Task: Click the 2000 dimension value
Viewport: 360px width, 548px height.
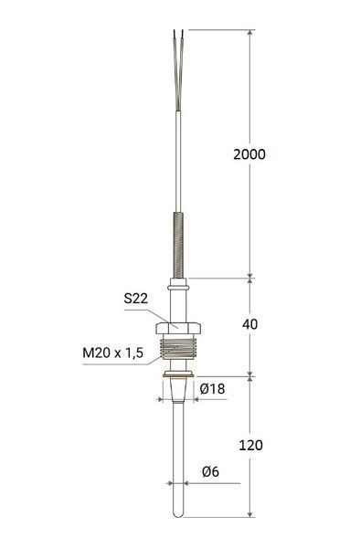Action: coord(249,154)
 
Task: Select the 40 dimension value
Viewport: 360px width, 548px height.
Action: coord(250,324)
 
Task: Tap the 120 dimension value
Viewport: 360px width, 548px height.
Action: coord(250,446)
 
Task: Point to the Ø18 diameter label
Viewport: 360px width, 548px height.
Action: coord(213,389)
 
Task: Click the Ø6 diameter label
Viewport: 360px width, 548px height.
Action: coord(210,472)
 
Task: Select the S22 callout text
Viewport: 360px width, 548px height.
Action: coord(136,299)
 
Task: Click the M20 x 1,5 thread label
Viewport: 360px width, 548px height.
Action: coord(113,353)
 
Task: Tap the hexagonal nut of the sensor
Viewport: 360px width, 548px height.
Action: coord(178,328)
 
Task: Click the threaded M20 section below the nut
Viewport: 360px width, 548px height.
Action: coord(178,347)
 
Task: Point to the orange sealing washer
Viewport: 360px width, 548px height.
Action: coord(178,374)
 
